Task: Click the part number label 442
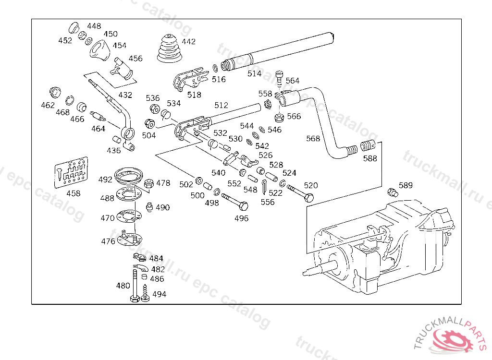(189, 42)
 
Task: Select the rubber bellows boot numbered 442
(171, 49)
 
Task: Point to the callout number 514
(254, 73)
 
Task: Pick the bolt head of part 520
(309, 197)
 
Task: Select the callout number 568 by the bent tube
(313, 139)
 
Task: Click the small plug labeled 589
(392, 193)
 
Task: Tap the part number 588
(370, 158)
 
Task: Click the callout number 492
(105, 180)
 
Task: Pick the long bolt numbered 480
(135, 286)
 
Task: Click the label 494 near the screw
(159, 294)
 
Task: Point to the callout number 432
(125, 95)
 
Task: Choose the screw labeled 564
(280, 77)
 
